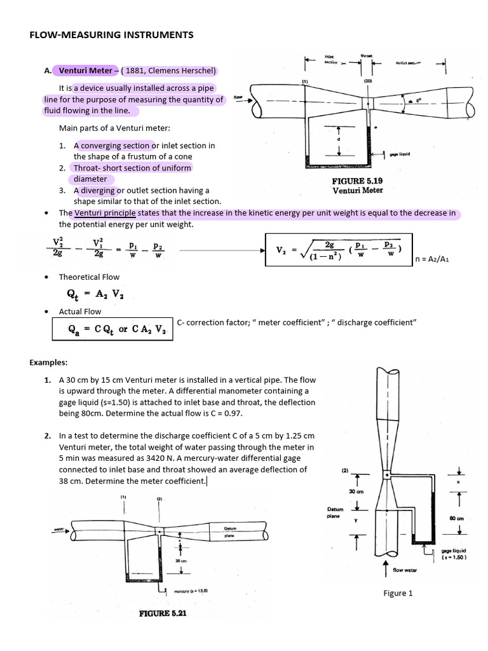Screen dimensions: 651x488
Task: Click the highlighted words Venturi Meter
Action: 85,71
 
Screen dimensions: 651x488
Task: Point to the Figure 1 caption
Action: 398,593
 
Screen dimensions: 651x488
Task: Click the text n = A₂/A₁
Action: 435,259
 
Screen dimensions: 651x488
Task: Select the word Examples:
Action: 49,362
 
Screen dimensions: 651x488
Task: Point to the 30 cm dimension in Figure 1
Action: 355,491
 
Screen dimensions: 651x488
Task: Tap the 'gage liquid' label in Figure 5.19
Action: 399,154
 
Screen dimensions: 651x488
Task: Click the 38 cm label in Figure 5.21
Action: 180,561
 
